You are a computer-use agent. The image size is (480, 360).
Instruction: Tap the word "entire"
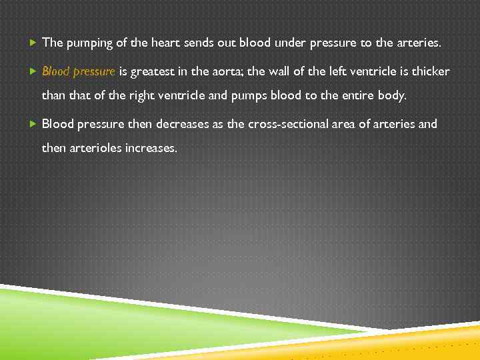pyautogui.click(x=351, y=95)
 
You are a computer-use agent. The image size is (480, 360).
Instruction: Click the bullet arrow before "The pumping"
pyautogui.click(x=33, y=43)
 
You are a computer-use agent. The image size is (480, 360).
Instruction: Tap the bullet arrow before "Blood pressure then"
pyautogui.click(x=33, y=124)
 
